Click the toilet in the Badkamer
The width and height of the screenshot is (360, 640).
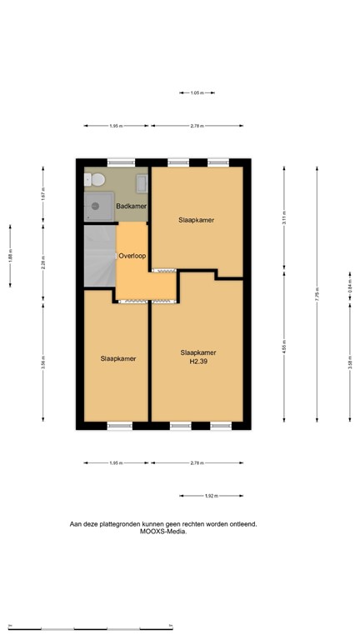pyautogui.click(x=97, y=179)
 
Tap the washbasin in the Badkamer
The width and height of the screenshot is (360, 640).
pyautogui.click(x=142, y=182)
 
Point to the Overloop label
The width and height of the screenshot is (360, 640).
pyautogui.click(x=132, y=257)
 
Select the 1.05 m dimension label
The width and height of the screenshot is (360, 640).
pyautogui.click(x=197, y=93)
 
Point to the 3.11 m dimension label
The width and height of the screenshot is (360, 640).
pyautogui.click(x=284, y=221)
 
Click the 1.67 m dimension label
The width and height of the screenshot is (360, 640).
pyautogui.click(x=42, y=194)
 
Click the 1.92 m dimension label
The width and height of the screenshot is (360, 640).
pyautogui.click(x=212, y=496)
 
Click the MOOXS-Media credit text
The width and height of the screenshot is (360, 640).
pyautogui.click(x=163, y=532)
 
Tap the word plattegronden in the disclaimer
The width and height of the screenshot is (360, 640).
pyautogui.click(x=134, y=524)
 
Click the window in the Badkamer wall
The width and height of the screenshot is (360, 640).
pyautogui.click(x=120, y=162)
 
